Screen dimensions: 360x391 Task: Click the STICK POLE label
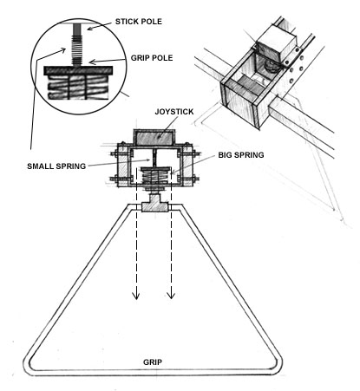click(139, 22)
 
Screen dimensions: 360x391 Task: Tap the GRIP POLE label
click(152, 58)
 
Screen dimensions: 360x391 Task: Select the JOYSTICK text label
click(174, 112)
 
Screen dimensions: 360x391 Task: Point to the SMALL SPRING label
click(56, 166)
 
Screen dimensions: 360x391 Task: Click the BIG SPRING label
click(241, 155)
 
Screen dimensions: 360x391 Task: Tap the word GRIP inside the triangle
click(153, 362)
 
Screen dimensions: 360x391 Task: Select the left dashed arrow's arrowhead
click(136, 296)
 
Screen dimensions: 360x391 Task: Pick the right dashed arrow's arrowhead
click(171, 295)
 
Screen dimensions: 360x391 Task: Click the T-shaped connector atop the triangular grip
click(154, 204)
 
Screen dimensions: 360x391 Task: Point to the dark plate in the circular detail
click(78, 70)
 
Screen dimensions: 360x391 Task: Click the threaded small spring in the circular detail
click(77, 51)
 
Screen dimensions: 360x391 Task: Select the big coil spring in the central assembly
click(155, 178)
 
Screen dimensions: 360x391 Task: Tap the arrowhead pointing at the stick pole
click(89, 28)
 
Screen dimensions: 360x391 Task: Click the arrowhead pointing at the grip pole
click(92, 62)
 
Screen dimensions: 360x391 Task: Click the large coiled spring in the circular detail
click(77, 87)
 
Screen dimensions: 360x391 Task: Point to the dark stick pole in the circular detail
click(77, 29)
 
